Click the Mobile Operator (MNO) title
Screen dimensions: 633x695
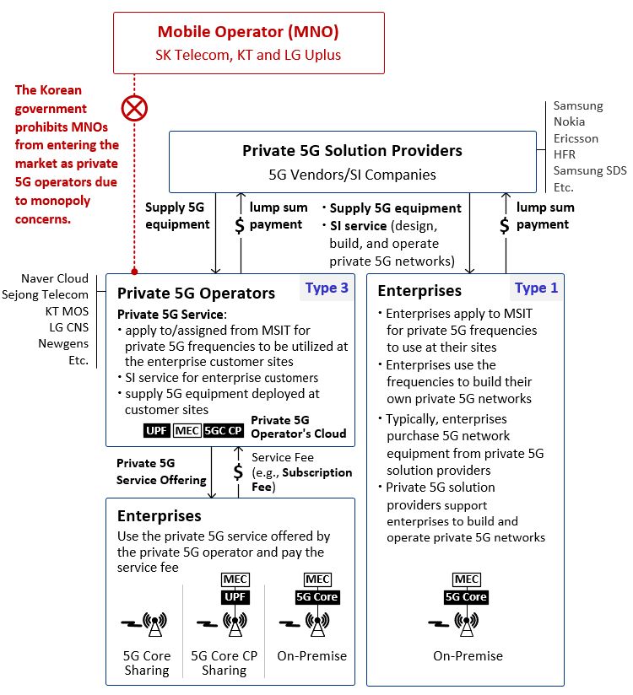(x=248, y=32)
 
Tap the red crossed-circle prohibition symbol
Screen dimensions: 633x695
(x=134, y=109)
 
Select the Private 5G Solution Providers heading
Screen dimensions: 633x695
(x=352, y=151)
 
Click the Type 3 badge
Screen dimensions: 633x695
(x=327, y=288)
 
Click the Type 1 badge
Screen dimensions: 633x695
(x=536, y=288)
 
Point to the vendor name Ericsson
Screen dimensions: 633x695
(x=576, y=138)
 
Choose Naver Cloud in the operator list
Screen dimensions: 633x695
(x=55, y=278)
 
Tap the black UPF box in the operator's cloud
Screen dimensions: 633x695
(x=157, y=430)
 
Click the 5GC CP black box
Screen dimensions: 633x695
(x=224, y=430)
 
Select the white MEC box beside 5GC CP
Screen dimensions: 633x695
(x=187, y=430)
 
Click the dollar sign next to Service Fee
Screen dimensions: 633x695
(x=238, y=471)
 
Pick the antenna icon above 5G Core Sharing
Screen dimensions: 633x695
(x=154, y=624)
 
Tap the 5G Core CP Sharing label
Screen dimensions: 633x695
(x=224, y=663)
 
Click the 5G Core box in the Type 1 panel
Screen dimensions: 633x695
(x=466, y=597)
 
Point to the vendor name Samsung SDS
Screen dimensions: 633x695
(x=590, y=170)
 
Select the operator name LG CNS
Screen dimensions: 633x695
(x=68, y=327)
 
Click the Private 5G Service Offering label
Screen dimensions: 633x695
(x=161, y=471)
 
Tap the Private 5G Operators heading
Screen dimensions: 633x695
(x=196, y=294)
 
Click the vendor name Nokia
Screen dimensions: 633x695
(x=569, y=122)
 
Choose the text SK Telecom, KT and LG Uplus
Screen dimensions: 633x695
(x=248, y=55)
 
